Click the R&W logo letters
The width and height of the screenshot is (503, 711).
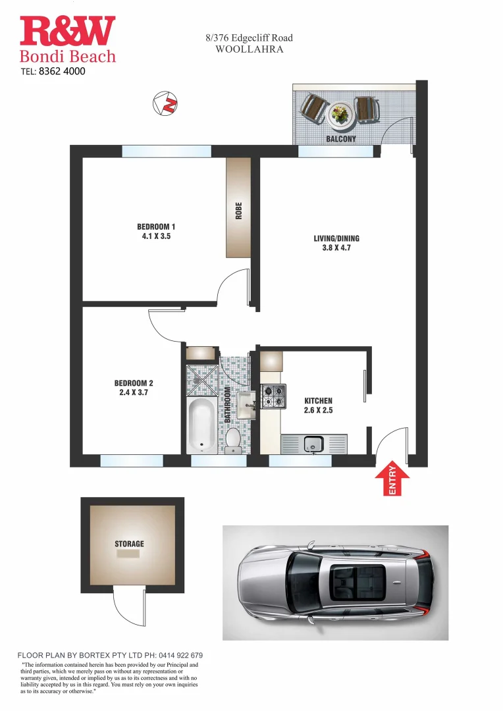[x=67, y=31]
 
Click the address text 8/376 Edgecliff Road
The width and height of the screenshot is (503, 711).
[x=249, y=38]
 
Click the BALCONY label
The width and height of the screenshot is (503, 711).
[x=341, y=140]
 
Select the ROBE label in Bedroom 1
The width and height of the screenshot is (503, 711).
[x=239, y=211]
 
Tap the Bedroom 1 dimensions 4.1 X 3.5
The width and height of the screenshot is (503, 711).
[x=156, y=236]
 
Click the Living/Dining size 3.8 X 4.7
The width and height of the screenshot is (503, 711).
[x=336, y=249]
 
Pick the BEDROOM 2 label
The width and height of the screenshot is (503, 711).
[x=134, y=382]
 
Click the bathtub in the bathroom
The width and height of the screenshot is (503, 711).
[x=200, y=426]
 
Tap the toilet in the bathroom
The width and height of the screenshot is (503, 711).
[x=232, y=441]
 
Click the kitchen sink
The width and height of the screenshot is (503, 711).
[x=313, y=444]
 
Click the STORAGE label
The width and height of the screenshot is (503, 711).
[x=128, y=544]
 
